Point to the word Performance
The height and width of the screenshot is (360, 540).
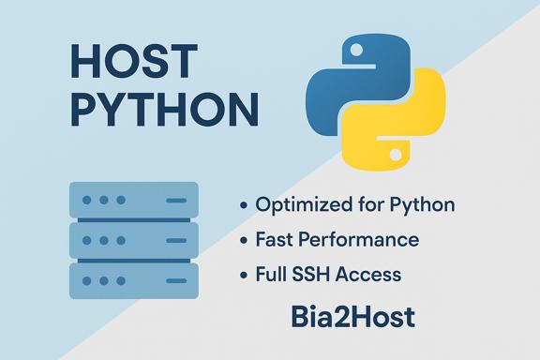click(366, 240)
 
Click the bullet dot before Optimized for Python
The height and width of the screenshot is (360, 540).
click(244, 205)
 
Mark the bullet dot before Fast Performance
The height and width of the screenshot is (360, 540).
click(244, 240)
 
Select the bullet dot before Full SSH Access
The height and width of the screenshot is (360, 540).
click(244, 276)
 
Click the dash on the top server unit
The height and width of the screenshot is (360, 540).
click(175, 201)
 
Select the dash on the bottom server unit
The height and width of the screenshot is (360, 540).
click(175, 279)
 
